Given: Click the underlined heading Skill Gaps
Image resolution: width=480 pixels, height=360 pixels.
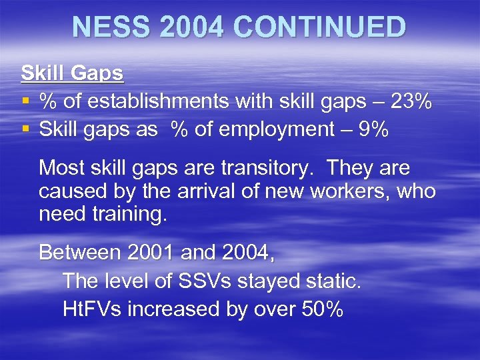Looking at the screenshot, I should click(73, 73).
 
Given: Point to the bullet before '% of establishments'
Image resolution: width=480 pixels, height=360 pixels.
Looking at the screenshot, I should click(25, 103).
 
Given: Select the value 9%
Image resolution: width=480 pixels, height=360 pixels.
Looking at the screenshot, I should click(371, 130).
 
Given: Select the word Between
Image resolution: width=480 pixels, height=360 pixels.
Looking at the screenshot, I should click(80, 253).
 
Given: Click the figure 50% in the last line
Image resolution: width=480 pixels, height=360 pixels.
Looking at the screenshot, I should click(318, 309).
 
